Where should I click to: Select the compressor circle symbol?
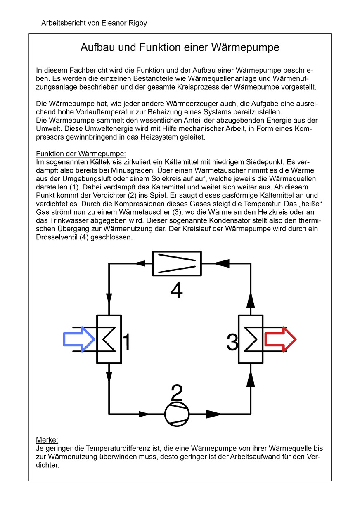177,413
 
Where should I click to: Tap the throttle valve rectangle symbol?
177,263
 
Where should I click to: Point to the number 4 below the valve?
177,291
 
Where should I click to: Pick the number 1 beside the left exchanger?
127,342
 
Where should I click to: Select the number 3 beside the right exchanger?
232,342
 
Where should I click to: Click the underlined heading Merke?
47,440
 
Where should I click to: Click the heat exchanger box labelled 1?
109,339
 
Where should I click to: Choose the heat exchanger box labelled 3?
251,339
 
